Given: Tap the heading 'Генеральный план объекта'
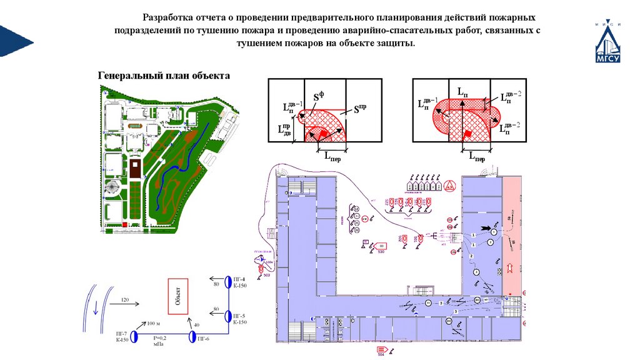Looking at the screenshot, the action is [164, 76].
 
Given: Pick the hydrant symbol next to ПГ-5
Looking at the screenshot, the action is [228, 316].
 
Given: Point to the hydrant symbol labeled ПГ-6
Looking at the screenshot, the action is [192, 337].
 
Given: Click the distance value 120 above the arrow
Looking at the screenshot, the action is [124, 300].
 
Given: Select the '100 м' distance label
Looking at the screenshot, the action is [154, 324].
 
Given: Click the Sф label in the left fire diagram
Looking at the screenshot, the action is [319, 97].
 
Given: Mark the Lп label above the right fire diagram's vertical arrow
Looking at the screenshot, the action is [463, 92].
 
